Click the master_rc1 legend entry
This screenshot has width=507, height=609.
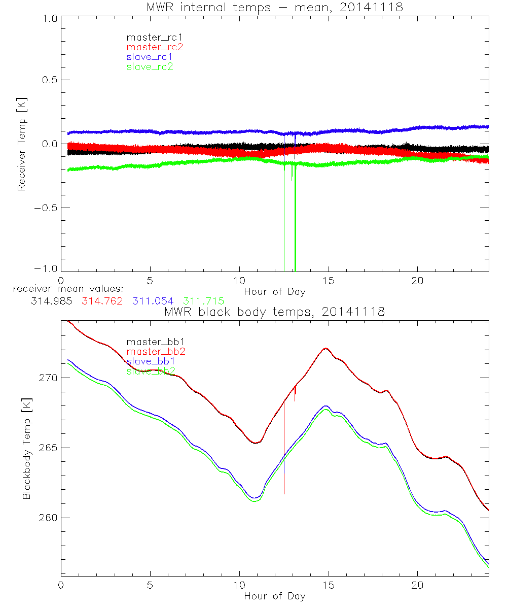click(150, 37)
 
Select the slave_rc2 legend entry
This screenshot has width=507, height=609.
click(150, 66)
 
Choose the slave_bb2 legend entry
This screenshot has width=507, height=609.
click(151, 371)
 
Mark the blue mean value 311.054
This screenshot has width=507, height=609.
click(153, 301)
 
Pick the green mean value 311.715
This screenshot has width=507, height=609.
click(204, 301)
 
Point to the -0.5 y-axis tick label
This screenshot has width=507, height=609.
click(46, 208)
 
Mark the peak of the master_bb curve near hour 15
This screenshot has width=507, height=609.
click(325, 348)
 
